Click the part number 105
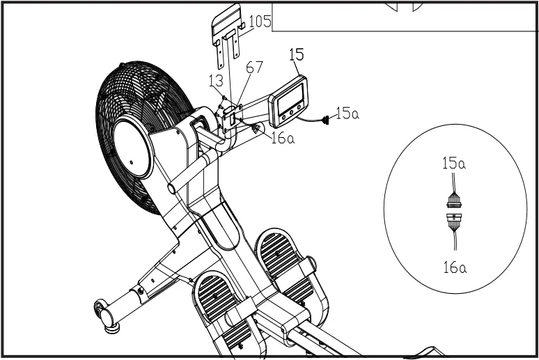(260, 22)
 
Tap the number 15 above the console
(296, 54)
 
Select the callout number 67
(255, 68)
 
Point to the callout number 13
(217, 81)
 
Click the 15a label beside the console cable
(347, 113)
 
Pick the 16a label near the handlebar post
(283, 138)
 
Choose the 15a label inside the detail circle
(453, 164)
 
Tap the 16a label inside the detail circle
(454, 267)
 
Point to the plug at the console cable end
(326, 121)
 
